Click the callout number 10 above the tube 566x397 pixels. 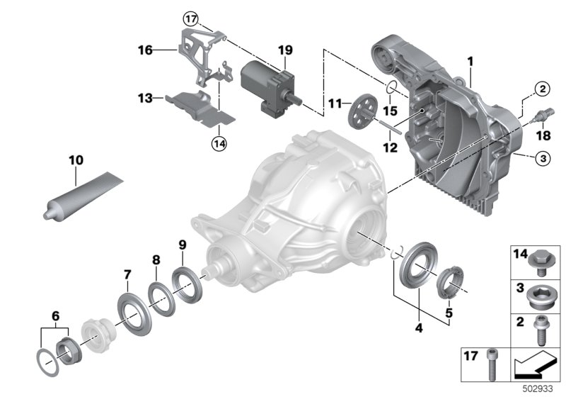[74, 161]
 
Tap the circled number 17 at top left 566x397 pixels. [190, 18]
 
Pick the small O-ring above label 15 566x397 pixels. [389, 88]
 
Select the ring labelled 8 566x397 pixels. [160, 291]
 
